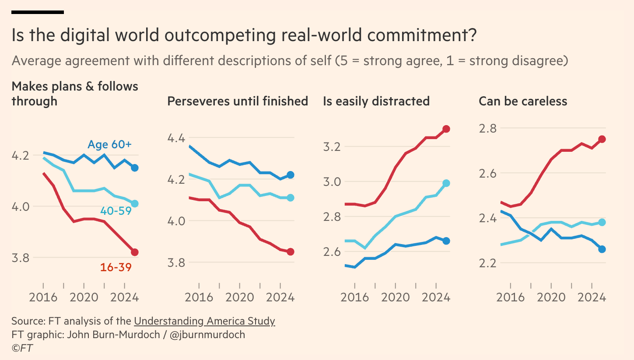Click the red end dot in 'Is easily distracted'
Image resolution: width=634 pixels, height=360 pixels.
click(446, 129)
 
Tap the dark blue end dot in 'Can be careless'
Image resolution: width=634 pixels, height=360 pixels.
click(602, 249)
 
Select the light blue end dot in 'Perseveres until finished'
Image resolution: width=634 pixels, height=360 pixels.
click(291, 198)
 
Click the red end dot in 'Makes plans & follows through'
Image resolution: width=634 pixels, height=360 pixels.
click(135, 252)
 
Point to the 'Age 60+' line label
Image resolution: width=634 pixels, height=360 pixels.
click(109, 144)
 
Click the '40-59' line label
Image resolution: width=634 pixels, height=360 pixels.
click(116, 211)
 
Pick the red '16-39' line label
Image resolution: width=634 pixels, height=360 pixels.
click(116, 267)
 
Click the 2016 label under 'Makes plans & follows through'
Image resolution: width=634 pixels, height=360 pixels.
click(43, 297)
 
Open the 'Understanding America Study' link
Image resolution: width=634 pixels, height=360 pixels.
click(204, 321)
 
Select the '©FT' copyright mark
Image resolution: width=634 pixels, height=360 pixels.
click(22, 348)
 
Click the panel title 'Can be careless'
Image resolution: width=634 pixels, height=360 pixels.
click(523, 101)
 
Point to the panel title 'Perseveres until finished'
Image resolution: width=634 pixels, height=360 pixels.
click(238, 101)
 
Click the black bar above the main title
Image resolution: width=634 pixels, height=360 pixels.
click(38, 12)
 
